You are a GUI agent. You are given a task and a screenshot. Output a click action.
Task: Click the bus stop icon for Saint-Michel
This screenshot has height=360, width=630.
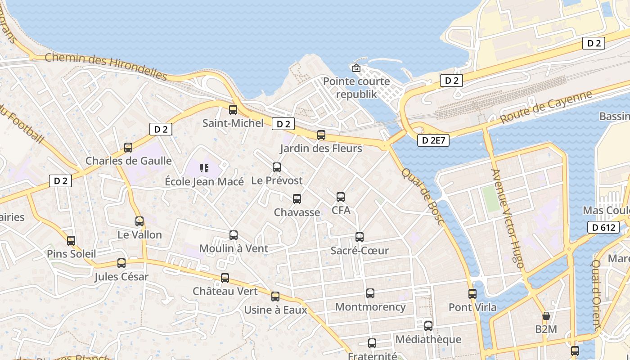click(x=233, y=109)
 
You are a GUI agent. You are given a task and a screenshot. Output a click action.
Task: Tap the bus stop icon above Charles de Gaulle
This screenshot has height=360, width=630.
click(x=128, y=147)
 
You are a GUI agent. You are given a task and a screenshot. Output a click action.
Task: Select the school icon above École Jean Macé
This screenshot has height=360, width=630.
click(x=204, y=168)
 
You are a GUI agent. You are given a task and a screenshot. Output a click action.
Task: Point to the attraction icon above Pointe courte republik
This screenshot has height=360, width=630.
click(x=356, y=68)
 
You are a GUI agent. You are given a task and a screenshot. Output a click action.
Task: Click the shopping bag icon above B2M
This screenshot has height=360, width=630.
click(x=546, y=316)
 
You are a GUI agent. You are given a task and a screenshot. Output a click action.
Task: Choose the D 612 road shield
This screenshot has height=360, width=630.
click(x=603, y=227)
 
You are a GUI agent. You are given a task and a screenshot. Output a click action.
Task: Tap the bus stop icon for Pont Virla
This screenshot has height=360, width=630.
click(x=472, y=294)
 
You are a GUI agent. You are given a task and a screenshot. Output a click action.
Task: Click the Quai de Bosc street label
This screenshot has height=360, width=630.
click(x=422, y=197)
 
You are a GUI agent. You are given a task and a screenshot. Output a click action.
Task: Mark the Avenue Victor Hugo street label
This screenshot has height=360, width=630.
click(x=508, y=219)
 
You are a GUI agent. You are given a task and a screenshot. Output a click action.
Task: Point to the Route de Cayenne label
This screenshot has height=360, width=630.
click(x=546, y=108)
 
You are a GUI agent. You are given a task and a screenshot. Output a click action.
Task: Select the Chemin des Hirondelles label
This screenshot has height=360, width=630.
click(x=106, y=67)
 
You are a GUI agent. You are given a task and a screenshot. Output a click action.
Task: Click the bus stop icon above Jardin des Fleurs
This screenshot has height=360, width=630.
click(x=321, y=135)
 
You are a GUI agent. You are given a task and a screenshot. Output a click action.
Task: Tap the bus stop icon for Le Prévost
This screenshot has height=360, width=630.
click(x=277, y=167)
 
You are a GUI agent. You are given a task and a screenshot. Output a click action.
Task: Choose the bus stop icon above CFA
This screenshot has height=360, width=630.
click(x=341, y=197)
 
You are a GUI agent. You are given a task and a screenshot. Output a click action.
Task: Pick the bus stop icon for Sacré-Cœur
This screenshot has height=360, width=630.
click(x=360, y=237)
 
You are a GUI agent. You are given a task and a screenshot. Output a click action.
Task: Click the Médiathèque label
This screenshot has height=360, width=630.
click(x=428, y=339)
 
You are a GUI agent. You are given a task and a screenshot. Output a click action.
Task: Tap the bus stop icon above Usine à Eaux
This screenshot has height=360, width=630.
click(x=275, y=296)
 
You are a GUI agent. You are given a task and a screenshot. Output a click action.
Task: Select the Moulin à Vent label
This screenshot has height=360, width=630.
click(x=234, y=248)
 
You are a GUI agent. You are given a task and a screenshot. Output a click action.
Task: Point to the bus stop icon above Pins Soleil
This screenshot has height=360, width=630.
click(x=71, y=240)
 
